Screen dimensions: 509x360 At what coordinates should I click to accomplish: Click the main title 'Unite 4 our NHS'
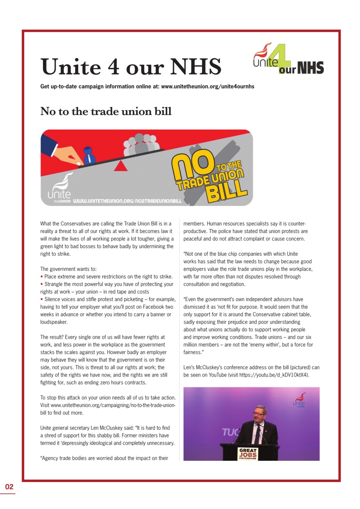point(131,67)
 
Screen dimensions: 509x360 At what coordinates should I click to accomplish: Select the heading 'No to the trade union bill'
point(106,111)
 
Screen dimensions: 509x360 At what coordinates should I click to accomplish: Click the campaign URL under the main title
point(207,86)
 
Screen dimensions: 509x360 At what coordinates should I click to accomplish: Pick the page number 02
point(9,487)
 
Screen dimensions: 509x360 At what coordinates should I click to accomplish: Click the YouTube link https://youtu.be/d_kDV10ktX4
point(274,375)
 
